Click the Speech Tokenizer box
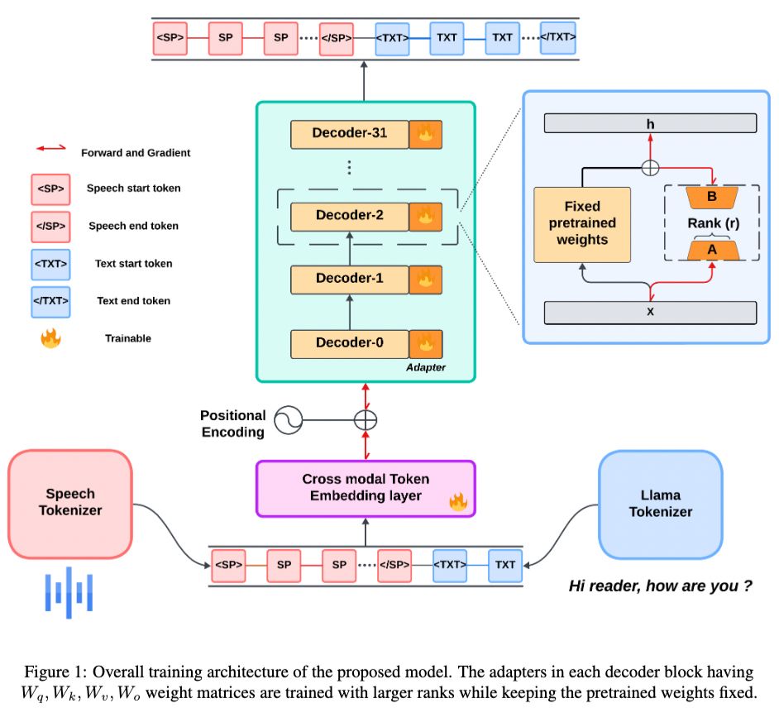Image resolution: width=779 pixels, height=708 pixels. [x=70, y=503]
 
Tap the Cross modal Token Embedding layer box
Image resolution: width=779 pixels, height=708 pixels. [x=366, y=488]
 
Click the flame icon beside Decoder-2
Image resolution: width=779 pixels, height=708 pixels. [x=427, y=216]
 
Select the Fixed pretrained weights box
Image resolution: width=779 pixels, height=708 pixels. [x=582, y=224]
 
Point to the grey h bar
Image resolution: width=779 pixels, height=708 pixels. [x=649, y=123]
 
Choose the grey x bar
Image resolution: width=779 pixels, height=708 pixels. [x=649, y=313]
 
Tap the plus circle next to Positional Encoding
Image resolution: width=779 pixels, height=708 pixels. [x=365, y=420]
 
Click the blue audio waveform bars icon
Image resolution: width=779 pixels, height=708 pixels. [x=69, y=591]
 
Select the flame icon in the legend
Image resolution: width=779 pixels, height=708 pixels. [x=50, y=338]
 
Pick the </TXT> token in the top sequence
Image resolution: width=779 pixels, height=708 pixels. [x=558, y=38]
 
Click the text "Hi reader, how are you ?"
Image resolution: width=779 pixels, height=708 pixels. [x=660, y=586]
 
